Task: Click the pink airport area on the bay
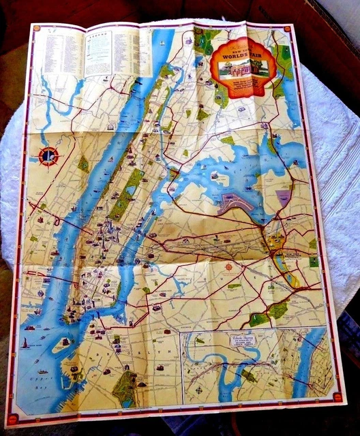pyautogui.click(x=235, y=201)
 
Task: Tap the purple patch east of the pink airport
pyautogui.click(x=283, y=199)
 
